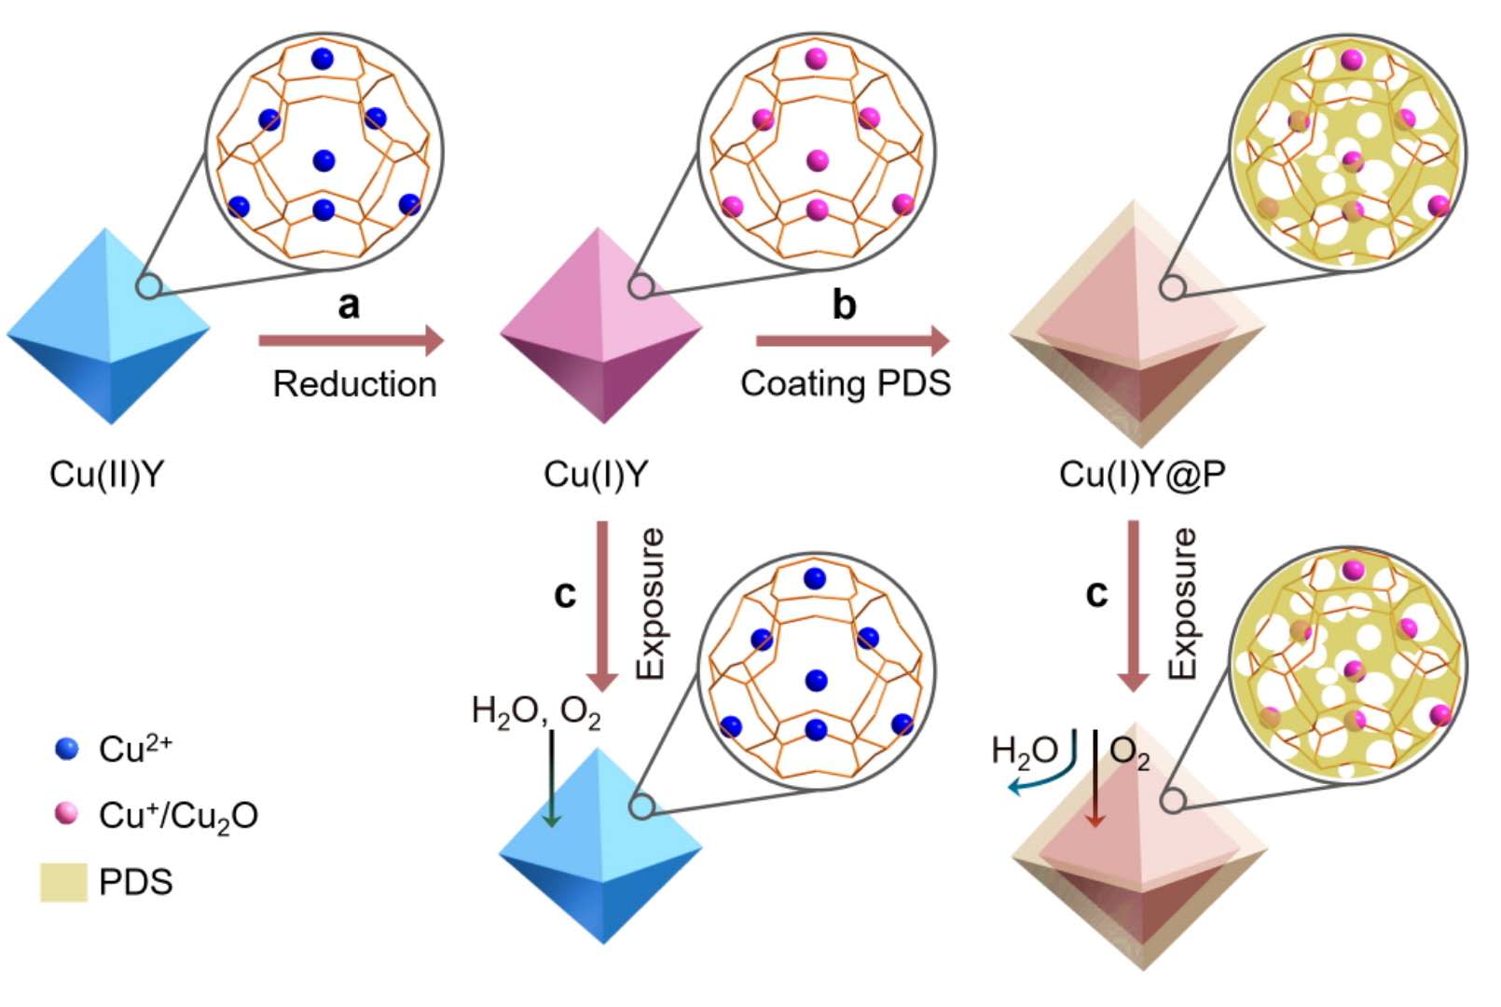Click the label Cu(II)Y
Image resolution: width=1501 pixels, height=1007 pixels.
click(x=106, y=475)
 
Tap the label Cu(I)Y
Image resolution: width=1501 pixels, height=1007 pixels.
click(x=596, y=475)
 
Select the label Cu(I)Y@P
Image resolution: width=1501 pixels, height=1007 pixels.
click(x=1142, y=475)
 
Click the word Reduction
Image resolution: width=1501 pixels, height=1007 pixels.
click(x=354, y=384)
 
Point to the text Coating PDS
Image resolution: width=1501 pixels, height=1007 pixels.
click(x=846, y=383)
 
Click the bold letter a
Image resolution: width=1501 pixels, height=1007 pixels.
click(x=349, y=304)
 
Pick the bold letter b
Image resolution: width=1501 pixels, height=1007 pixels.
click(x=844, y=304)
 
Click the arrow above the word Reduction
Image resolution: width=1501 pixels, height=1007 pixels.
click(x=351, y=341)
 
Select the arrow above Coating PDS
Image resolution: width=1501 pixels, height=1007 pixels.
click(x=851, y=341)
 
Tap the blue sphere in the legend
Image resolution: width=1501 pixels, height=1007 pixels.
click(x=67, y=749)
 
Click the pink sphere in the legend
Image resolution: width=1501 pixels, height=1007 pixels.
click(x=67, y=814)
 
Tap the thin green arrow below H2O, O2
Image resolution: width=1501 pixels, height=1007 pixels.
click(x=552, y=779)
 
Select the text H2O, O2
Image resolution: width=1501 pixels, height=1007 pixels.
click(x=536, y=712)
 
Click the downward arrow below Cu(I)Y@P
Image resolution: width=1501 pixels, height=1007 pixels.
click(x=1134, y=606)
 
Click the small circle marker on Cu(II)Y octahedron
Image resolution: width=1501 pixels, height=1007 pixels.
click(x=148, y=286)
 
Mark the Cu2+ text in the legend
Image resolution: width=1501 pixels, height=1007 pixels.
click(x=135, y=749)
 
